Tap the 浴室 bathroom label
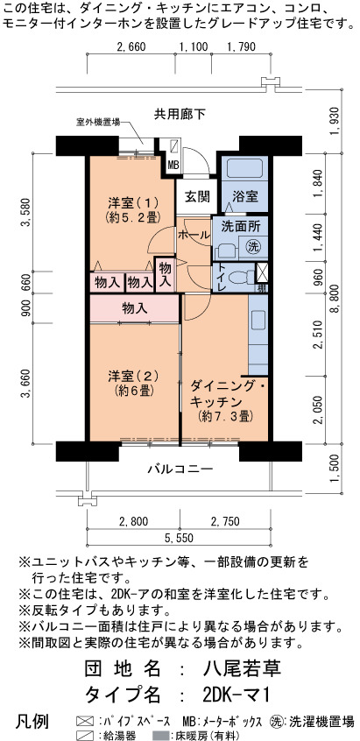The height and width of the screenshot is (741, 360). (245, 196)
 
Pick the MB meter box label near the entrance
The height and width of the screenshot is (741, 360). (173, 166)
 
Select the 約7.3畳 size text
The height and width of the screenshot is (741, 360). (225, 417)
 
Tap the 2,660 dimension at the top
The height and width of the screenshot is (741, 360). (131, 46)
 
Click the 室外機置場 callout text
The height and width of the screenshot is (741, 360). (98, 123)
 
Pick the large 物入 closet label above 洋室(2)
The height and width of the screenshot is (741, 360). (135, 309)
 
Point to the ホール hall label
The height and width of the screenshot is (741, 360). (194, 234)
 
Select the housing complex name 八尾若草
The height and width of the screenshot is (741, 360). (242, 668)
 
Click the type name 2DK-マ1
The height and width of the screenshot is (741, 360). (236, 695)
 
